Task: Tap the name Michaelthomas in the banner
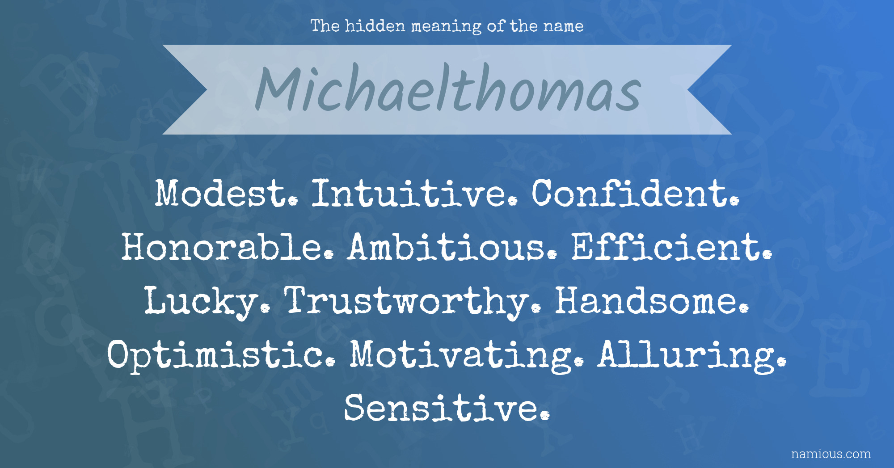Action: (x=448, y=89)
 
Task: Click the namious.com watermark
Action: (x=831, y=454)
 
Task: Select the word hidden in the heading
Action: (x=375, y=26)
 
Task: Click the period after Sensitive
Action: (x=544, y=416)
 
